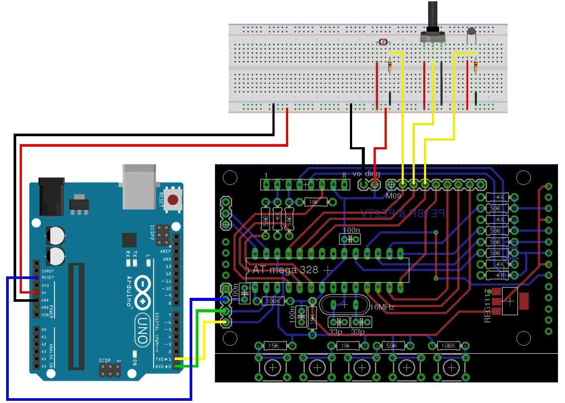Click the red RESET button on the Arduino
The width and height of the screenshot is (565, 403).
173,200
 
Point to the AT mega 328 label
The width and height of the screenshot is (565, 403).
286,270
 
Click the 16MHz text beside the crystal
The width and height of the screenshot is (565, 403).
382,307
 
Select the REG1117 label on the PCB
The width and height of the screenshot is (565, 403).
488,306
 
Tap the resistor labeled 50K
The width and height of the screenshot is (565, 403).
392,346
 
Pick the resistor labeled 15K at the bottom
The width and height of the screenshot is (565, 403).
274,346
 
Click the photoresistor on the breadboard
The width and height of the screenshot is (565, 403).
383,42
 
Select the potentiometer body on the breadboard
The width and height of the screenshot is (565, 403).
432,35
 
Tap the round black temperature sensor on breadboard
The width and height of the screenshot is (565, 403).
471,31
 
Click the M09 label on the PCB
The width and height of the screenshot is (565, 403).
393,196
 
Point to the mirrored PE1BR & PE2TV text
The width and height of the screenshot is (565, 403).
402,213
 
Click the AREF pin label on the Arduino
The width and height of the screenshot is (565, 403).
166,251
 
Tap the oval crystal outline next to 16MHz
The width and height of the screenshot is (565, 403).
345,304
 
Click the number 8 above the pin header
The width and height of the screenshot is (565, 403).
344,175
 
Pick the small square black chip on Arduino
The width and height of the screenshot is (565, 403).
129,240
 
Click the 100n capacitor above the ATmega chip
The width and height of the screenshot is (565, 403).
350,239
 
